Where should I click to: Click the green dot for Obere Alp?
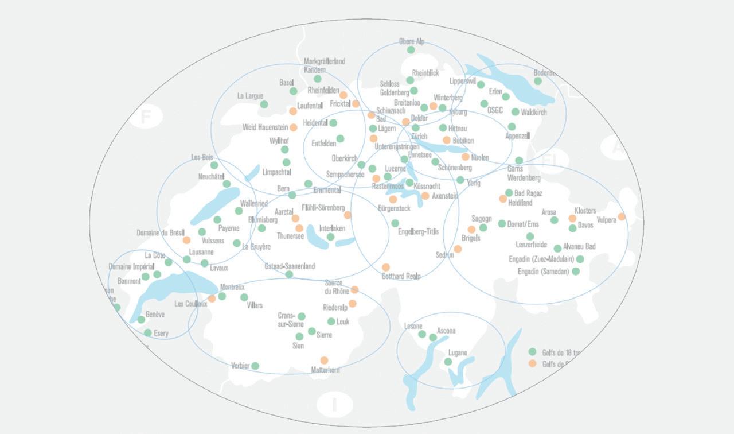pos(411,50)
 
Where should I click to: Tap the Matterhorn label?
pos(325,370)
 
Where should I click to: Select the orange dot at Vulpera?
pos(622,216)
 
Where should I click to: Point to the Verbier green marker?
pos(255,366)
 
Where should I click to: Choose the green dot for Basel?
pos(294,91)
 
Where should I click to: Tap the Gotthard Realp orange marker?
pos(386,267)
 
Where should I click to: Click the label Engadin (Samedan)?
pos(544,272)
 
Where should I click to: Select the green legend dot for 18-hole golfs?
pos(532,352)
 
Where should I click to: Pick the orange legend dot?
pos(532,363)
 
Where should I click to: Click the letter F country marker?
pos(146,118)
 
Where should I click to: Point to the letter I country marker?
pos(334,404)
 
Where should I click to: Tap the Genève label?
pos(155,315)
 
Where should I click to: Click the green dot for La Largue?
pos(264,104)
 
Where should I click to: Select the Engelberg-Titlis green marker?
pos(395,223)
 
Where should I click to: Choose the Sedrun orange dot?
pos(458,249)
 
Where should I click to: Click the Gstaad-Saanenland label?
pos(290,266)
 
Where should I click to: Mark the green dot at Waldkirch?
pos(515,112)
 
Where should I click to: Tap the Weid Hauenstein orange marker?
pos(294,127)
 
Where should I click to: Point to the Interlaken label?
pos(332,228)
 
